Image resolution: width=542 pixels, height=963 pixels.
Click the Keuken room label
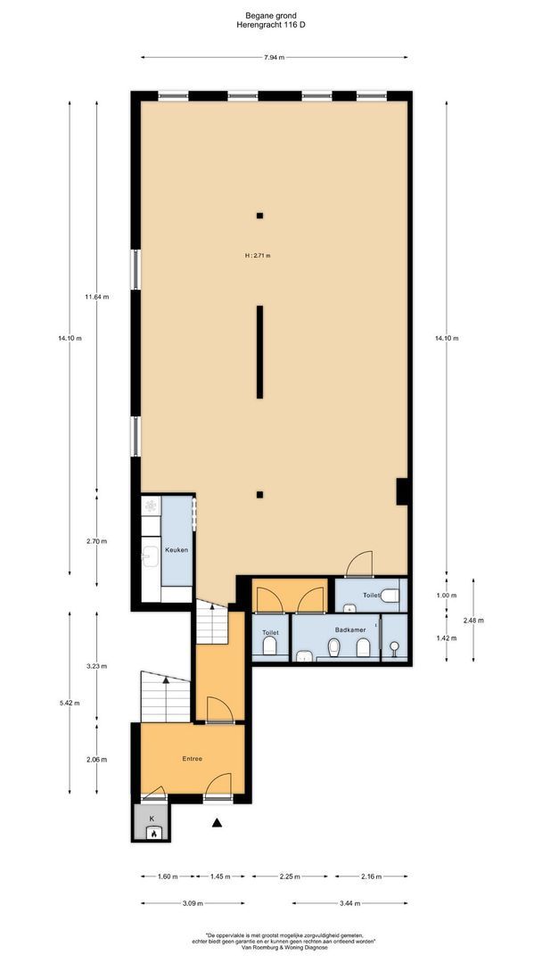(176, 550)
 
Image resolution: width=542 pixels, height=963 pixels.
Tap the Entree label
(192, 759)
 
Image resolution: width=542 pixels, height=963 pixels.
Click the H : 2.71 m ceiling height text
(257, 255)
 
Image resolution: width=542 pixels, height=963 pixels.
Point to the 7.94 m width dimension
(274, 58)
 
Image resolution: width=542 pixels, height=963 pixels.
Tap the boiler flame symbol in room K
(152, 835)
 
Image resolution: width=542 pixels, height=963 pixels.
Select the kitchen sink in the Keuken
(150, 556)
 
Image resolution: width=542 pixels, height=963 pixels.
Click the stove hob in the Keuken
(151, 506)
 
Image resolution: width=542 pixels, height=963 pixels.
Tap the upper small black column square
(259, 215)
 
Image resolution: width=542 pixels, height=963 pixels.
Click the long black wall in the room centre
(259, 351)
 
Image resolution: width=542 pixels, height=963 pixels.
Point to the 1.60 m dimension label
(168, 877)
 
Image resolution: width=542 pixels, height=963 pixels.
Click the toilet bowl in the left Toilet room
(269, 649)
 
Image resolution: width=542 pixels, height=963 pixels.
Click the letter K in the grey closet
(152, 818)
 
